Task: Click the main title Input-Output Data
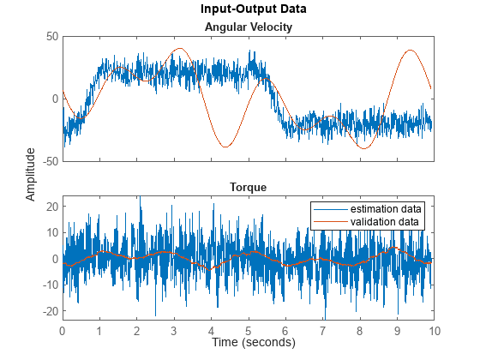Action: pos(248,9)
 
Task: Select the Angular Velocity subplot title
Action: pos(248,27)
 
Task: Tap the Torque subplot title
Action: pos(248,186)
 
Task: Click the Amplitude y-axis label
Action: pos(31,174)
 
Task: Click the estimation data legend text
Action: pos(387,208)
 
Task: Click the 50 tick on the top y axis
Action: pos(51,37)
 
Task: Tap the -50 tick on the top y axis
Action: pos(49,161)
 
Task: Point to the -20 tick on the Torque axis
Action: pos(49,311)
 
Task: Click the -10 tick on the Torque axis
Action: pos(49,285)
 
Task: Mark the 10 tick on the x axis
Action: pos(435,329)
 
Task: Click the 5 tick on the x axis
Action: pos(249,329)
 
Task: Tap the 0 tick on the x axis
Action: pos(62,329)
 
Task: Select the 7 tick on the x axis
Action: pos(323,329)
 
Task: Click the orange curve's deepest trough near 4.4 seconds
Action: pos(225,147)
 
